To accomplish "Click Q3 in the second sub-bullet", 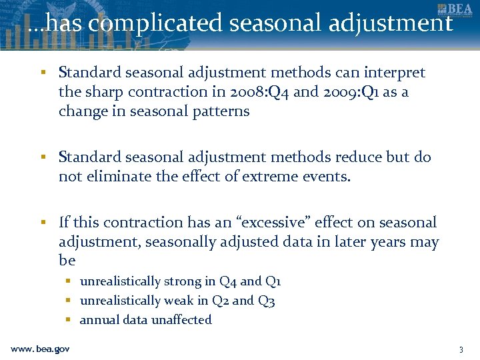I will (x=267, y=301).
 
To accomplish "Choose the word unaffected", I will (x=181, y=320).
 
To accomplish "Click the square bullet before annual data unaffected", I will (x=69, y=320).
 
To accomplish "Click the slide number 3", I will (x=460, y=349).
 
